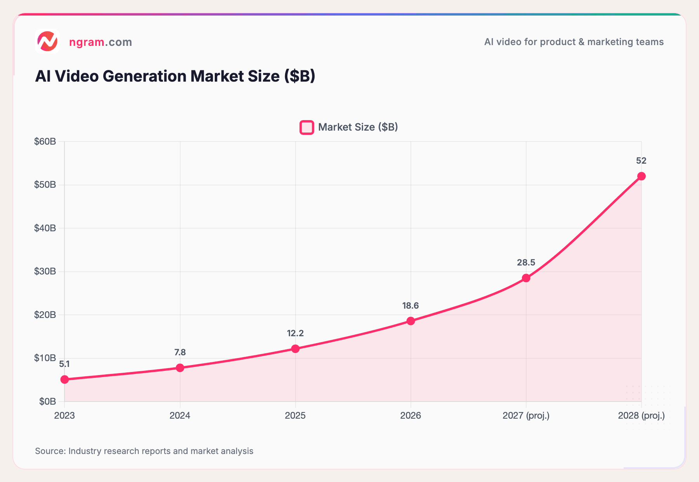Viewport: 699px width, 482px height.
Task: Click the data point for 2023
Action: [64, 379]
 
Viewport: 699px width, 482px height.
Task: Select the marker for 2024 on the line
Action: [180, 368]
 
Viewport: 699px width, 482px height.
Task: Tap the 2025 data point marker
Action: [296, 349]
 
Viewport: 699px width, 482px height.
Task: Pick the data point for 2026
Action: [410, 321]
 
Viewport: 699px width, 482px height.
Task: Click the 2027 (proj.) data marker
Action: [526, 278]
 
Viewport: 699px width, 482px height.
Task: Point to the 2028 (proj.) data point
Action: [642, 176]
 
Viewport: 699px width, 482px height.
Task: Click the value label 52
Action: [641, 161]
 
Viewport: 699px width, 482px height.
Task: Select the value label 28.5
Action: [526, 262]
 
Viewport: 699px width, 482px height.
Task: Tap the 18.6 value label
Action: [410, 306]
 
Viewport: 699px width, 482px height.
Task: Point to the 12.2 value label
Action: [295, 333]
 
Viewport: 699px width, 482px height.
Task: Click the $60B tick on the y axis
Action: [45, 141]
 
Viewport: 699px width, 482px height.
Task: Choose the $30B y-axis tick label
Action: [45, 271]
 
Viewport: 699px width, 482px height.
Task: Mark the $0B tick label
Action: [47, 402]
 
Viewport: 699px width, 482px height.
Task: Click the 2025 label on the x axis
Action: [295, 416]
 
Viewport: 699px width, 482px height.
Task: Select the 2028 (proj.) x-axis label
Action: [641, 416]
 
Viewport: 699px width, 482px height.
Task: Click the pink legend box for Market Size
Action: [307, 127]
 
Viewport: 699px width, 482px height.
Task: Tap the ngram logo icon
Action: [47, 42]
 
